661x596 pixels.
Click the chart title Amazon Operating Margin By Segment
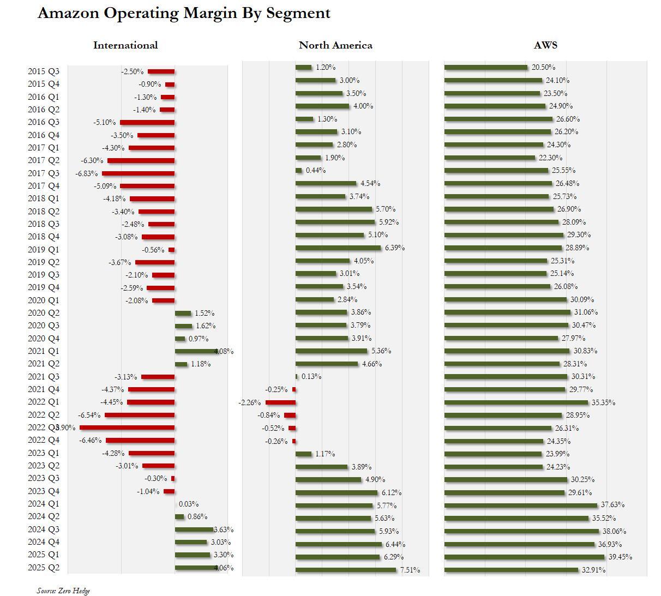click(x=184, y=13)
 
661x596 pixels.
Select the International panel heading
click(x=125, y=45)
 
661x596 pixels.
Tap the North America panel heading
click(x=335, y=45)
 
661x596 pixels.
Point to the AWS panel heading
click(x=545, y=45)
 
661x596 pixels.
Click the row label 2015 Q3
click(x=44, y=71)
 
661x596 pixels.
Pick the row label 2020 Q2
click(x=44, y=313)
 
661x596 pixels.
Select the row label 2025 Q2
click(x=44, y=568)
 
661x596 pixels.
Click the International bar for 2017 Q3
click(x=138, y=173)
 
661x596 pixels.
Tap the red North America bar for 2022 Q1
click(x=280, y=402)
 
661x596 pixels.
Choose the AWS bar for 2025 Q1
click(x=524, y=557)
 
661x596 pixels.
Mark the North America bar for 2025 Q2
click(x=346, y=570)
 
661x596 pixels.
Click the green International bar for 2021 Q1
click(x=195, y=352)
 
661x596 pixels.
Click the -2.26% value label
click(x=250, y=402)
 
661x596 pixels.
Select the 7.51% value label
click(x=410, y=570)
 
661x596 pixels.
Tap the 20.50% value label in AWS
click(x=543, y=68)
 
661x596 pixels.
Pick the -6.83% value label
click(x=87, y=173)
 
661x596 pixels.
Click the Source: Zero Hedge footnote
click(x=63, y=591)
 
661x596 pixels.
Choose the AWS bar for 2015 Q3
click(x=486, y=68)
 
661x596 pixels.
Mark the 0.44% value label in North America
click(x=315, y=171)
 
